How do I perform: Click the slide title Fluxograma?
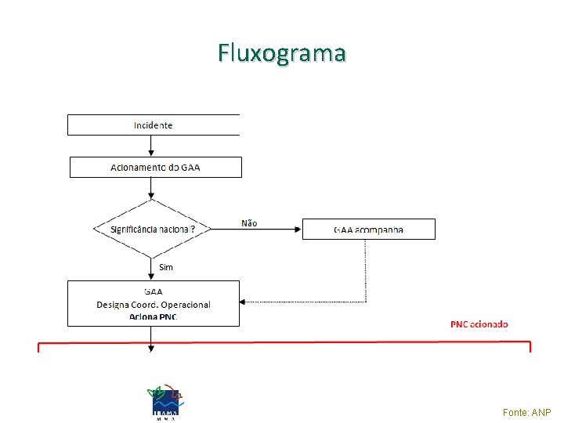pos(282,53)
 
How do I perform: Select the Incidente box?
pos(154,125)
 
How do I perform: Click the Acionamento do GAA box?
pos(155,167)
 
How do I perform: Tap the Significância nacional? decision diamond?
pos(152,229)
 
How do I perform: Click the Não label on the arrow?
pos(249,223)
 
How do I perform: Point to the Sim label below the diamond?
pos(166,267)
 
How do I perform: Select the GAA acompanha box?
pos(368,230)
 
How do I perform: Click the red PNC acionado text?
pos(479,324)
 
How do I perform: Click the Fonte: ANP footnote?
pos(526,412)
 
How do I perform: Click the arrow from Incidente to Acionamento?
pos(152,146)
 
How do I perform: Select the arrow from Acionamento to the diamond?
pos(152,189)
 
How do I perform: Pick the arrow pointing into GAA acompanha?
pos(297,230)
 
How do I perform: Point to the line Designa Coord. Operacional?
pos(154,304)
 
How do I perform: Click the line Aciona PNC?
pos(154,316)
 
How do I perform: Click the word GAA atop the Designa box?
pos(154,292)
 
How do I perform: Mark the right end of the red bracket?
pos(530,346)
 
